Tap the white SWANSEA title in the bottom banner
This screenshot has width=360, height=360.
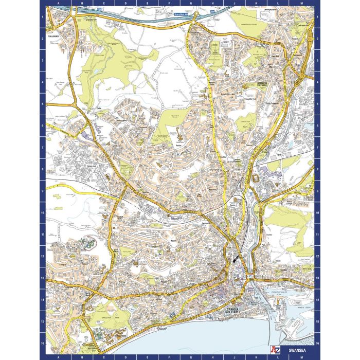pyautogui.click(x=298, y=355)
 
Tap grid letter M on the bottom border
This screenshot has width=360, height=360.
pyautogui.click(x=302, y=355)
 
